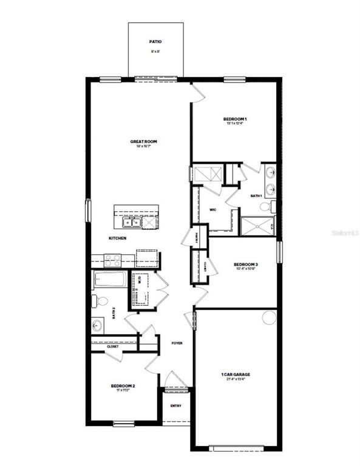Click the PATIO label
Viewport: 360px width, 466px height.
pyautogui.click(x=155, y=42)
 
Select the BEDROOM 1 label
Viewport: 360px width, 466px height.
pyautogui.click(x=234, y=118)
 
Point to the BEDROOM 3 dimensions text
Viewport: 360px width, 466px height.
pyautogui.click(x=246, y=270)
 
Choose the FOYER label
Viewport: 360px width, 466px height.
pyautogui.click(x=177, y=343)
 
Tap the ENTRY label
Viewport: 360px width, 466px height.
pyautogui.click(x=175, y=405)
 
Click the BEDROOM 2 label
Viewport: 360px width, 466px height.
pyautogui.click(x=123, y=385)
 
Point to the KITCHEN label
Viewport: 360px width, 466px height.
pyautogui.click(x=118, y=238)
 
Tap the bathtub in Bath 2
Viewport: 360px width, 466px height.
pyautogui.click(x=109, y=281)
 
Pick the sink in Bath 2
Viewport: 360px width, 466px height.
pyautogui.click(x=98, y=325)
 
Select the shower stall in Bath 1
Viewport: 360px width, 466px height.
pyautogui.click(x=256, y=225)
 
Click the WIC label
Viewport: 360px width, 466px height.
pyautogui.click(x=213, y=210)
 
